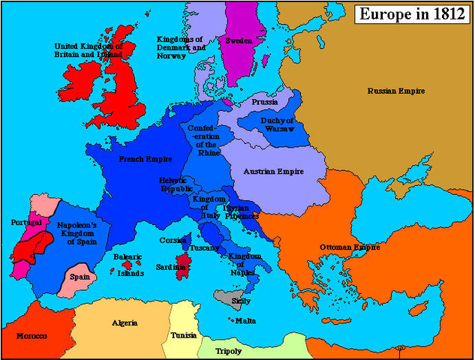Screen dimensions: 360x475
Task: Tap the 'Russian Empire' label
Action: pyautogui.click(x=395, y=91)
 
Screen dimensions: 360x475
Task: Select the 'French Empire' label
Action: pyautogui.click(x=146, y=159)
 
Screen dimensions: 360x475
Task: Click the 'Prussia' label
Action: pyautogui.click(x=265, y=101)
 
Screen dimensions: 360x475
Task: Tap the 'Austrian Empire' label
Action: pyautogui.click(x=273, y=172)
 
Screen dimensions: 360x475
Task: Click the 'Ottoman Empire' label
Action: pyautogui.click(x=349, y=247)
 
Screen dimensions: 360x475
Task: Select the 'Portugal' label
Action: pyautogui.click(x=26, y=223)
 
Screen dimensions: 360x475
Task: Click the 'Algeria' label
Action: pyautogui.click(x=124, y=322)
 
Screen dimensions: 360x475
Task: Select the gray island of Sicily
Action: pyautogui.click(x=224, y=296)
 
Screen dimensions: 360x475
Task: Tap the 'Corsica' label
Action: pyautogui.click(x=173, y=241)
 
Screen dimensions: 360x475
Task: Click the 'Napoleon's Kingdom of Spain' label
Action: pyautogui.click(x=77, y=233)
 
